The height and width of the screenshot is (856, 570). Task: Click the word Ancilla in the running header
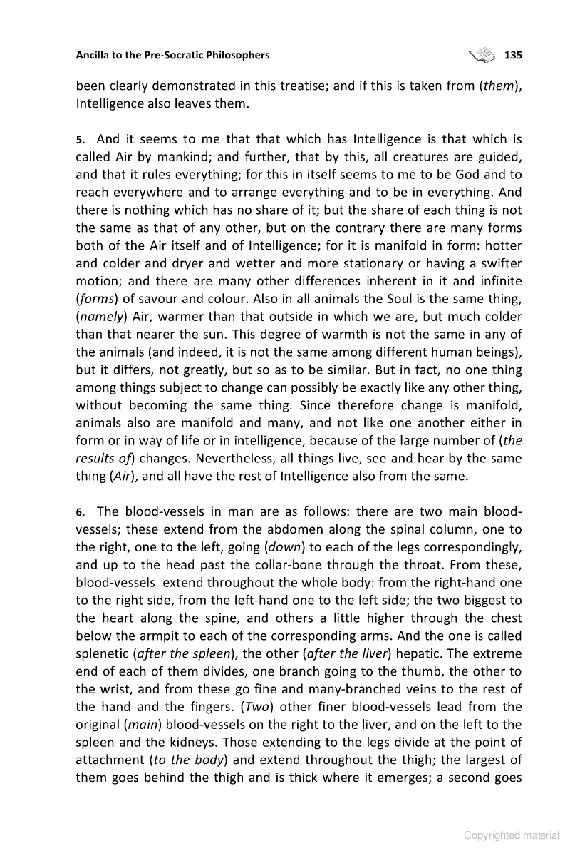coord(94,55)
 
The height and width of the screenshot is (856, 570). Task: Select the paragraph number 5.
coord(81,140)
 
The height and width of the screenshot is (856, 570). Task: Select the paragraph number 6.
coord(81,512)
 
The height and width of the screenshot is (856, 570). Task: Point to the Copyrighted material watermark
coord(512,835)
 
